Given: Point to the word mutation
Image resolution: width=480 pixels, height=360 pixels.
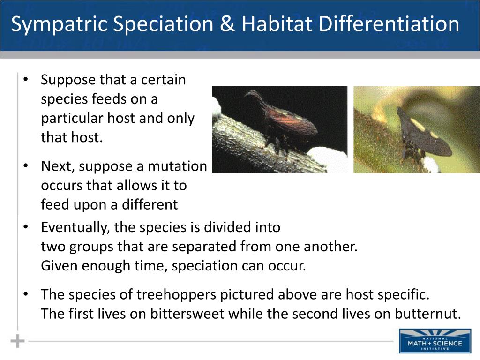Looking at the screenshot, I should coord(177,166).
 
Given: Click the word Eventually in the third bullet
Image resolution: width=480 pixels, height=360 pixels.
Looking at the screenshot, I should coord(75,227).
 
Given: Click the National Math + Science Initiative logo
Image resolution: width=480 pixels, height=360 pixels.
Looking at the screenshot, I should coord(435,341).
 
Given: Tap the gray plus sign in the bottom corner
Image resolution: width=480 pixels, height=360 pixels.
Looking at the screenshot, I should coord(17,341).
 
